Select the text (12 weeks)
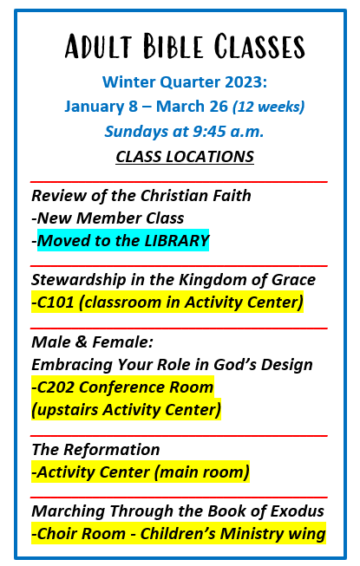pyautogui.click(x=268, y=107)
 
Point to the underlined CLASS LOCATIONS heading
pyautogui.click(x=185, y=157)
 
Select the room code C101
pyautogui.click(x=56, y=303)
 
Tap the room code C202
pyautogui.click(x=56, y=387)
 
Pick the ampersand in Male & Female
pyautogui.click(x=81, y=342)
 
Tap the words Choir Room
pyautogui.click(x=82, y=534)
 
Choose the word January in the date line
pyautogui.click(x=95, y=107)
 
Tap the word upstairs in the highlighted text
pyautogui.click(x=65, y=410)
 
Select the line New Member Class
pyautogui.click(x=110, y=218)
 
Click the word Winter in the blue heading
pyautogui.click(x=128, y=82)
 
